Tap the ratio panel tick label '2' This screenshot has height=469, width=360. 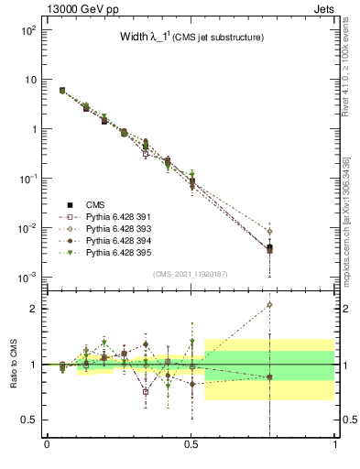pos(32,309)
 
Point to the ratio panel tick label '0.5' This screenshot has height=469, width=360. pos(27,420)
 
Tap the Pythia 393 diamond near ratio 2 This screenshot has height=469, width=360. pos(270,305)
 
